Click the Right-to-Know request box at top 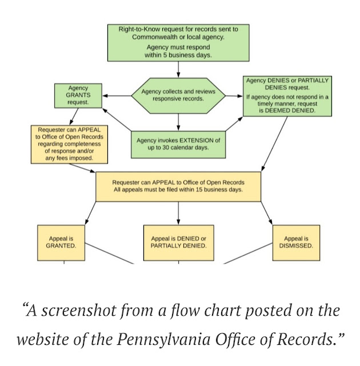(178, 42)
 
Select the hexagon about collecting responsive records (178, 95)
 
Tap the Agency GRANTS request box (78, 95)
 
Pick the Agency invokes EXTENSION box (178, 144)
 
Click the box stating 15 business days (178, 186)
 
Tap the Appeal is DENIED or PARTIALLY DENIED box (178, 241)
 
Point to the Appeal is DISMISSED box (296, 241)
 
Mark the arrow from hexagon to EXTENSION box (178, 121)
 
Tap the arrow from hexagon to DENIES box (235, 95)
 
